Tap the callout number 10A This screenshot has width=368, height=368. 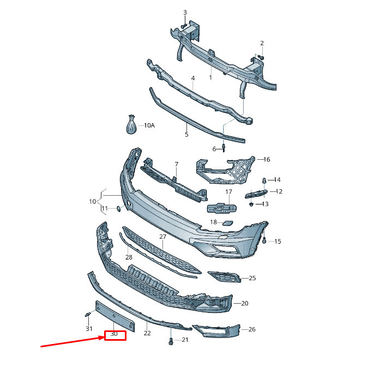pyautogui.click(x=149, y=125)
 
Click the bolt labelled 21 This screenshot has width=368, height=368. pyautogui.click(x=171, y=341)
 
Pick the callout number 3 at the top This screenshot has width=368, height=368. pyautogui.click(x=184, y=13)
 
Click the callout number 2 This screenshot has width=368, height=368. pyautogui.click(x=262, y=43)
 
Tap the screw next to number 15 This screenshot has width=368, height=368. pyautogui.click(x=264, y=240)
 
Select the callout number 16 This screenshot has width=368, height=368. pyautogui.click(x=267, y=160)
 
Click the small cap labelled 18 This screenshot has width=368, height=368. pyautogui.click(x=229, y=222)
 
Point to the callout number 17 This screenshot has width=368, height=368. pyautogui.click(x=229, y=192)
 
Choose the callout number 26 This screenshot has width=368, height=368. pyautogui.click(x=251, y=329)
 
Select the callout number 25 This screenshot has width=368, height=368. pyautogui.click(x=251, y=279)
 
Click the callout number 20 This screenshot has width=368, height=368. pyautogui.click(x=244, y=303)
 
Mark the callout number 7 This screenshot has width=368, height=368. pyautogui.click(x=176, y=164)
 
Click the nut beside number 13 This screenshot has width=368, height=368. pyautogui.click(x=251, y=204)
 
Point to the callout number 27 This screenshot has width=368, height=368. pyautogui.click(x=162, y=237)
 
